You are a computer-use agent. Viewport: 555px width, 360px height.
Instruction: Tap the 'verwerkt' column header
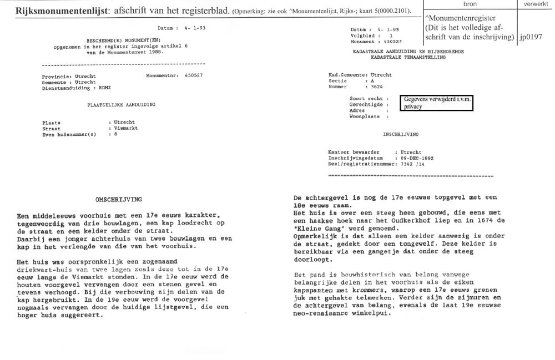[535, 4]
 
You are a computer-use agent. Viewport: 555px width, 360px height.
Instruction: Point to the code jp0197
[531, 38]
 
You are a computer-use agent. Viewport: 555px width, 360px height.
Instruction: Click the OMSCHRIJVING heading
[119, 199]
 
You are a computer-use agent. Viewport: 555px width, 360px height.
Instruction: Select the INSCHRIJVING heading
[400, 134]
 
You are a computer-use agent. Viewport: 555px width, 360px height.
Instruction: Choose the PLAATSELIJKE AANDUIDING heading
[122, 104]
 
